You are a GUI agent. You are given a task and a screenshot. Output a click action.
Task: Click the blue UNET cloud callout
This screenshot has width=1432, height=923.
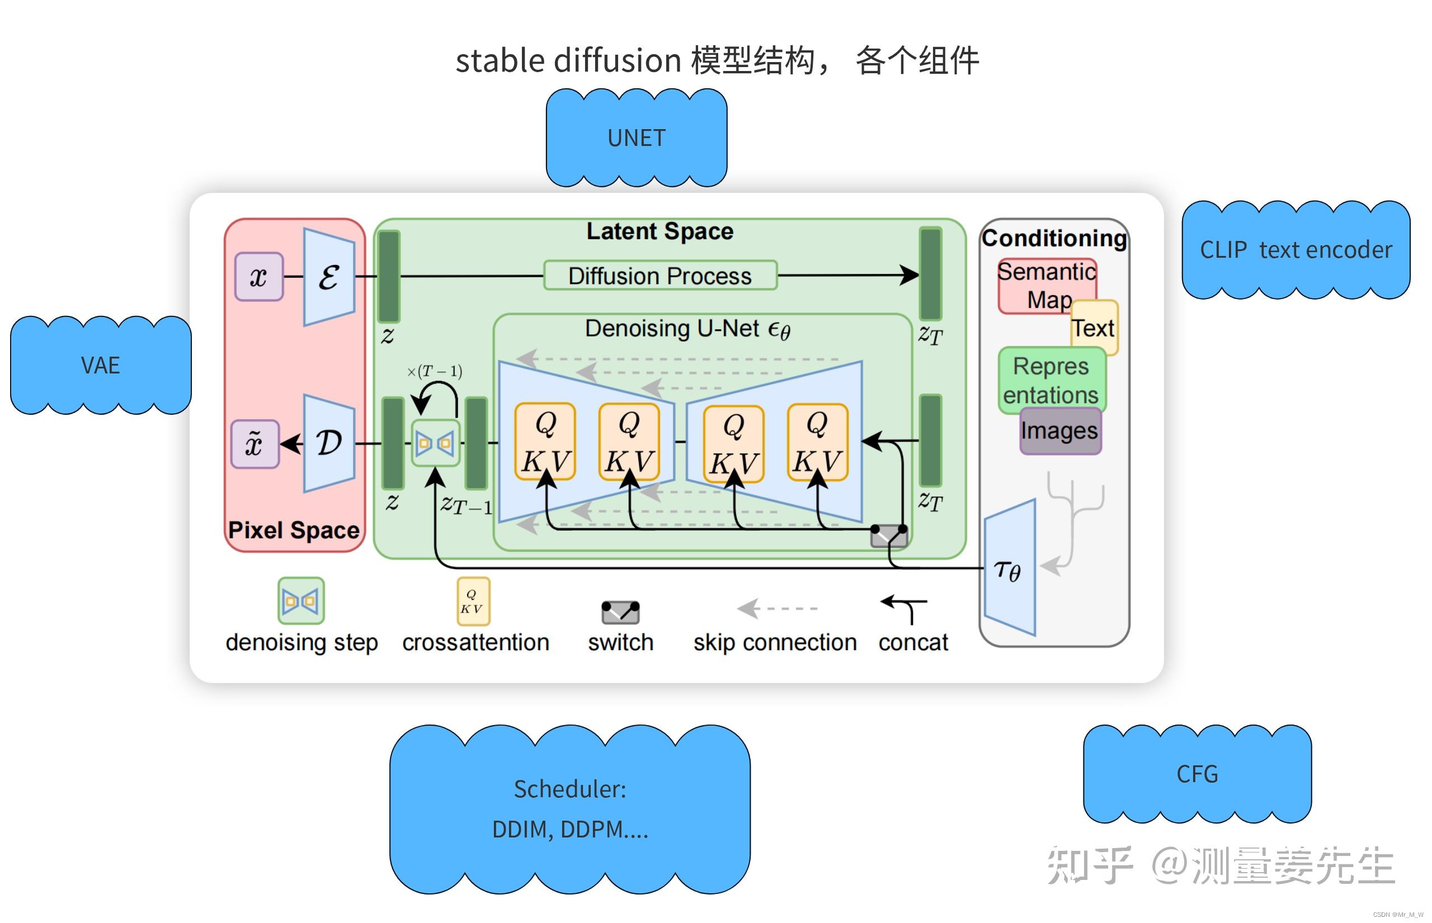tap(636, 138)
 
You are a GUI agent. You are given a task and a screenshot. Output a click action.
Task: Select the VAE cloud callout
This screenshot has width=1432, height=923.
tap(101, 365)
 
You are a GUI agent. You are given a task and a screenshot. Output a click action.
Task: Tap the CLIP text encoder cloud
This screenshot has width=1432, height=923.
tap(1296, 249)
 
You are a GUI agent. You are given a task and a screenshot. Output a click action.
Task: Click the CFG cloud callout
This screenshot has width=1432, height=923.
tap(1197, 774)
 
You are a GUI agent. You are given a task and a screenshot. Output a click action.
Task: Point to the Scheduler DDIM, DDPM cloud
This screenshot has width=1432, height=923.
tap(569, 808)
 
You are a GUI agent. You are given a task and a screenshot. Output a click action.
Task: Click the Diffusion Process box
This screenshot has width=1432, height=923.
tap(660, 276)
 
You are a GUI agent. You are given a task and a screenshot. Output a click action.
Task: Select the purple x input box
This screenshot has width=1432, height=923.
tap(258, 276)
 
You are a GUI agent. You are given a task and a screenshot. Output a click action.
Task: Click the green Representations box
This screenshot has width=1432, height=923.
tap(1051, 380)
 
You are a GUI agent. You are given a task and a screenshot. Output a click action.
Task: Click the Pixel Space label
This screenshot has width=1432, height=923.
tap(294, 530)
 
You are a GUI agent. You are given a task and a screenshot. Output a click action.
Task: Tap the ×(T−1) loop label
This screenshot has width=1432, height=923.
tap(435, 371)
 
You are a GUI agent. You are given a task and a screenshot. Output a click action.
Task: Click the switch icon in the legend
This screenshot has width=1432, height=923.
tap(620, 612)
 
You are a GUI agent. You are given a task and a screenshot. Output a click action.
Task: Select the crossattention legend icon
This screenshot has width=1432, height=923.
tap(473, 601)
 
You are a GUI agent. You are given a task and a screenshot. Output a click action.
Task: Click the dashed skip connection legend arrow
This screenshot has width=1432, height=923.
tap(777, 608)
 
